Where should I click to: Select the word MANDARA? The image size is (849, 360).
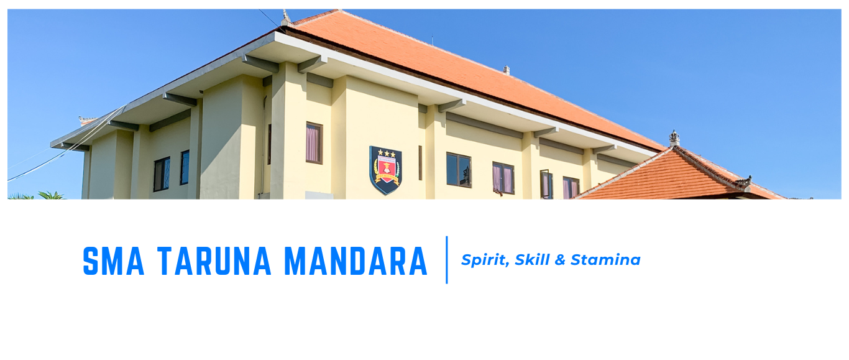356,261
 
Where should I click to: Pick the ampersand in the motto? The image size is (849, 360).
560,260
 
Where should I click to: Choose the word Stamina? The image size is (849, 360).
605,260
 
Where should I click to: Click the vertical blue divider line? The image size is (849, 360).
447,260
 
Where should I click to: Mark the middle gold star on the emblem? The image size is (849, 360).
385,153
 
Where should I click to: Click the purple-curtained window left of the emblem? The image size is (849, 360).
314,143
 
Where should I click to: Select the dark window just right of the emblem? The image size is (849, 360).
459,169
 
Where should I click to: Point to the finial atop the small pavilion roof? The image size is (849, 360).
674,138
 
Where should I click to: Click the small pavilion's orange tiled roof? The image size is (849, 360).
671,177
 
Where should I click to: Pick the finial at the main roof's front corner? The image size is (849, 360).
285,17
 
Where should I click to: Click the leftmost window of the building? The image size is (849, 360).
161,173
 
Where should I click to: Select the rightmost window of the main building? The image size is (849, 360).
571,188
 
